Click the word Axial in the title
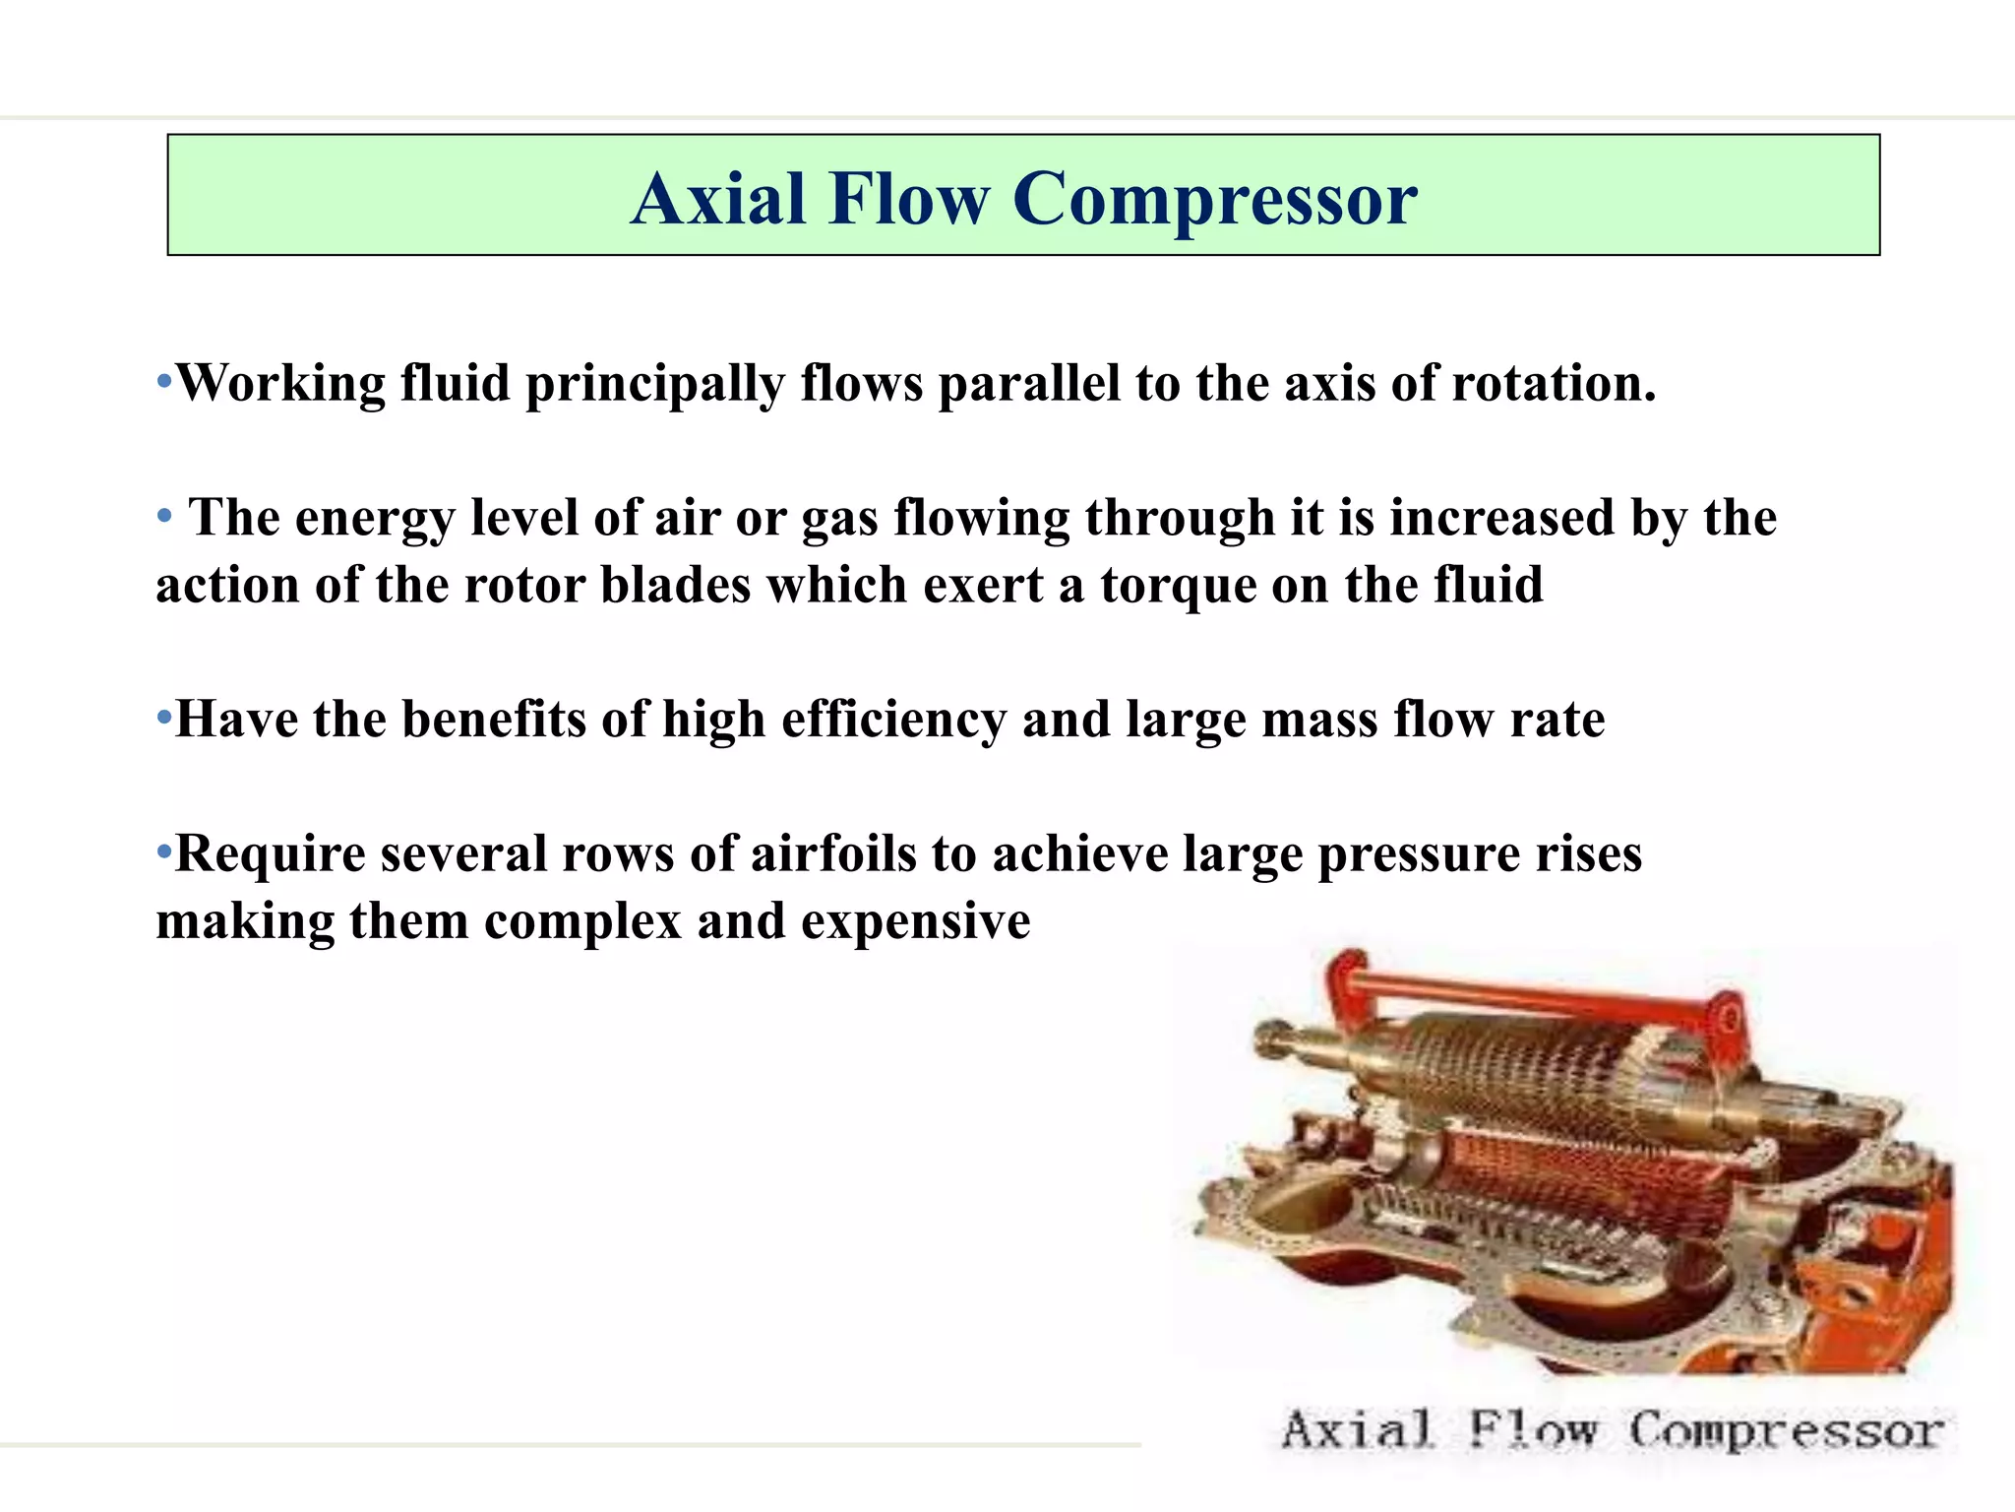pos(718,199)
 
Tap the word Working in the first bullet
pos(280,384)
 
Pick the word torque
pos(1178,586)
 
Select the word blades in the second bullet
pos(675,586)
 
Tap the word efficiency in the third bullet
pos(893,720)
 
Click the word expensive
pos(915,922)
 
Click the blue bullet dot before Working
pos(164,380)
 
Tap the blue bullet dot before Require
pos(164,850)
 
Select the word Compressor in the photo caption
pos(1785,1430)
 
